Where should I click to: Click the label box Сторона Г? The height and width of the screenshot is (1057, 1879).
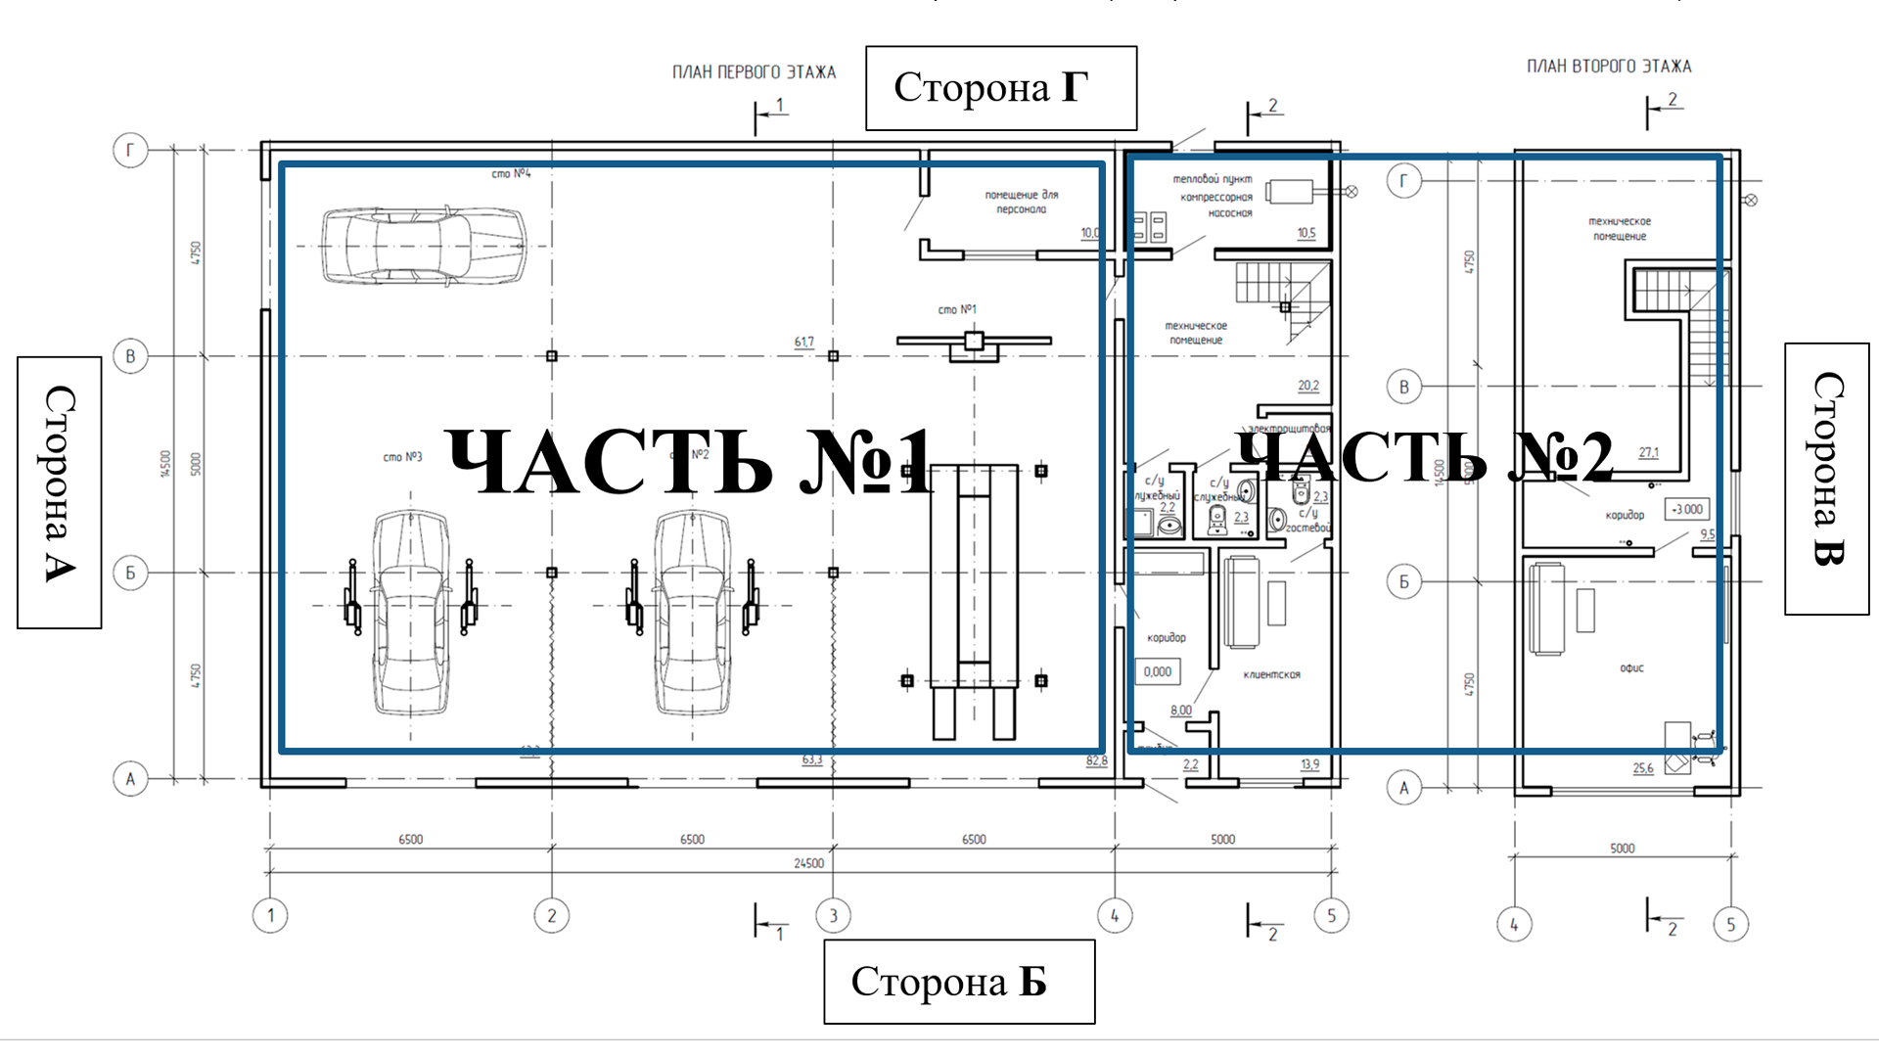click(x=1000, y=88)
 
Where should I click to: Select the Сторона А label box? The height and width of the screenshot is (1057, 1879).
click(x=60, y=492)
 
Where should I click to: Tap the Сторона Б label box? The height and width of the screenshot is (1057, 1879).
click(x=958, y=982)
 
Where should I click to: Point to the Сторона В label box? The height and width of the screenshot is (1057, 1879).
click(x=1826, y=479)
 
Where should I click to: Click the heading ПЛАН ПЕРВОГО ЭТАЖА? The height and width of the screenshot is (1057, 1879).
click(x=754, y=72)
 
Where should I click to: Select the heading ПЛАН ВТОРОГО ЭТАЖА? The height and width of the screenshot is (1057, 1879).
click(x=1608, y=67)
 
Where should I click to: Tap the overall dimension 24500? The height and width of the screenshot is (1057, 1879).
click(x=808, y=863)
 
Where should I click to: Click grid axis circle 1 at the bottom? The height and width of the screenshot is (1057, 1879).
click(x=270, y=916)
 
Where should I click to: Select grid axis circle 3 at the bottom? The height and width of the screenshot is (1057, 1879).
click(x=833, y=916)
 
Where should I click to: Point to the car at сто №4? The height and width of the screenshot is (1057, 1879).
click(x=423, y=246)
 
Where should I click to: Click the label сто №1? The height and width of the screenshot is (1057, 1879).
click(x=956, y=309)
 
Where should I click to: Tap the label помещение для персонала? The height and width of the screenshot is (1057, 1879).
click(x=1021, y=202)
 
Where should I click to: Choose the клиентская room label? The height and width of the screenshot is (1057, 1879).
click(x=1271, y=674)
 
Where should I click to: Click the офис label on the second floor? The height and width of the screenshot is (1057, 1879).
click(x=1631, y=668)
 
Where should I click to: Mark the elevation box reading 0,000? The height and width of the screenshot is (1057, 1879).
click(x=1157, y=671)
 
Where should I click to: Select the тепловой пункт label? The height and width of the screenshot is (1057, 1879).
click(x=1212, y=179)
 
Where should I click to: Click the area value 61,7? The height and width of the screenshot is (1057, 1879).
click(x=803, y=343)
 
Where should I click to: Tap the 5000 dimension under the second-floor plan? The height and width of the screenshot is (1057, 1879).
click(x=1622, y=849)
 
